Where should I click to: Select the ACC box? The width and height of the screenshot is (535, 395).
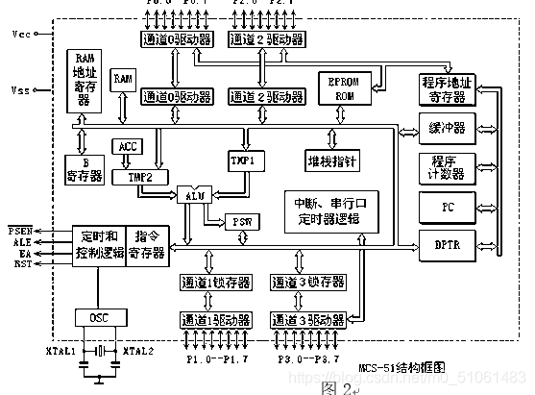click(127, 147)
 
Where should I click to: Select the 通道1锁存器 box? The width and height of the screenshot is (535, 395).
click(214, 283)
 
